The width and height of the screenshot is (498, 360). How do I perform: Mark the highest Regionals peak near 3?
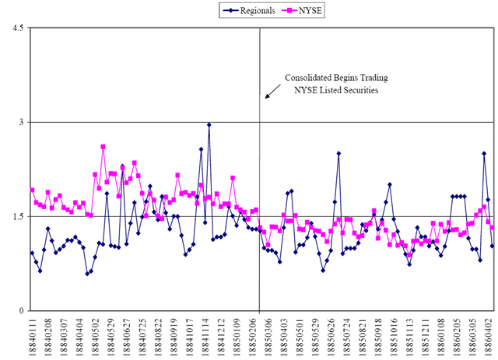[x=209, y=124]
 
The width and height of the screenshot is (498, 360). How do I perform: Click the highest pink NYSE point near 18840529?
[x=103, y=146]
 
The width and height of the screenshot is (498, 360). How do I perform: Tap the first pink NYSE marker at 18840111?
[x=32, y=190]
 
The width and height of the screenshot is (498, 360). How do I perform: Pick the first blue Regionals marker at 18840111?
[x=32, y=253]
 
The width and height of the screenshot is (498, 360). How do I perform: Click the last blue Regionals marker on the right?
[x=492, y=246]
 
